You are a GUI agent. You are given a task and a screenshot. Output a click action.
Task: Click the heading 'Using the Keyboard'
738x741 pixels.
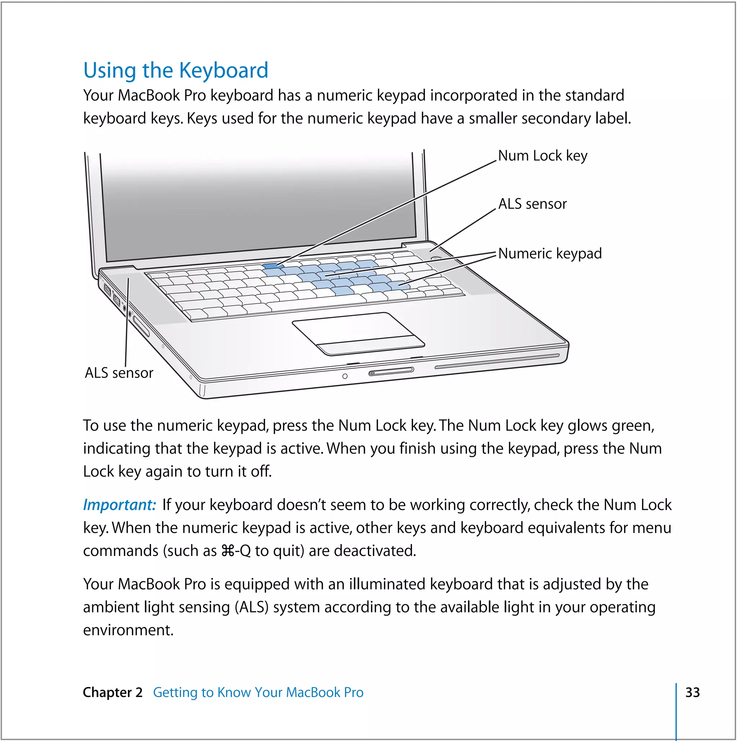(175, 71)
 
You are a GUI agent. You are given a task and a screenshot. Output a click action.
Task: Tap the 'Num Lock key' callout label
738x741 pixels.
(542, 156)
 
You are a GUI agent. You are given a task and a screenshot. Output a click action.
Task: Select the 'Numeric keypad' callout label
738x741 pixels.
(550, 254)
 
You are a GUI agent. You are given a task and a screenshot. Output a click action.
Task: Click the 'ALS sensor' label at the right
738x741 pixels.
(532, 204)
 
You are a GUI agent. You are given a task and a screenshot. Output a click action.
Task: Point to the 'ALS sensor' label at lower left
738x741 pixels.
(119, 373)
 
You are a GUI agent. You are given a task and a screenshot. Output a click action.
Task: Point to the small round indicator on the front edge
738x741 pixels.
(344, 376)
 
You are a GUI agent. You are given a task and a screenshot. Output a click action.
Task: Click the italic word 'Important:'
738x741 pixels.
(119, 505)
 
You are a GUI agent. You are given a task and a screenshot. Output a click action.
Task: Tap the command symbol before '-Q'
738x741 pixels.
(228, 551)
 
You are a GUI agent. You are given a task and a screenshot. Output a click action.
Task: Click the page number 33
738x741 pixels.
(692, 693)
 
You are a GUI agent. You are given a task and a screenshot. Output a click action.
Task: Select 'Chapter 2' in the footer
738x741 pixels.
(112, 693)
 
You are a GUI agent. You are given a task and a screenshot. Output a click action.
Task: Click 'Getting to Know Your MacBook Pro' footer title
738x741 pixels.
(258, 693)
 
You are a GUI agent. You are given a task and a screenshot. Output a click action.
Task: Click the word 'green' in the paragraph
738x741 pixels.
(631, 426)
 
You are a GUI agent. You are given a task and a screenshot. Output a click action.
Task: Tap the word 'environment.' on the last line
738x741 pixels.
(128, 631)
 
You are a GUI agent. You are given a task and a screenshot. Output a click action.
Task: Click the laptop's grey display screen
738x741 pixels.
(257, 207)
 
